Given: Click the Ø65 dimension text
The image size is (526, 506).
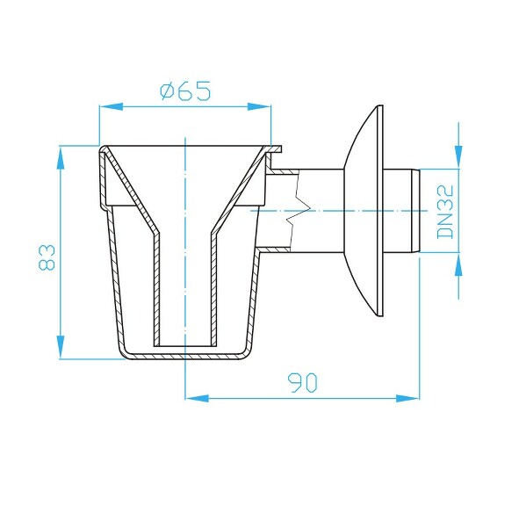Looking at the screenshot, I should pyautogui.click(x=185, y=91).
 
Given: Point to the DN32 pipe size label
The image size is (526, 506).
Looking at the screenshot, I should pyautogui.click(x=444, y=211).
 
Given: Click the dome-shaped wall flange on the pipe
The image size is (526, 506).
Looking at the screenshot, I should pyautogui.click(x=363, y=211).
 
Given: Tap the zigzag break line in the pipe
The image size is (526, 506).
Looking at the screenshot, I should pyautogui.click(x=294, y=211).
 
